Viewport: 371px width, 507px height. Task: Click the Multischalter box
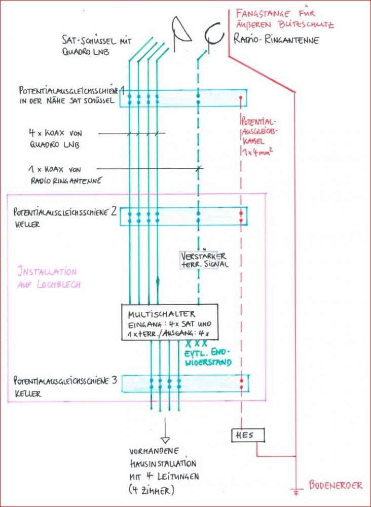point(169,322)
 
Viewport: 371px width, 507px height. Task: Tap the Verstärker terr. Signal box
point(202,260)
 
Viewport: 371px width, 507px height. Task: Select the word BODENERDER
point(336,485)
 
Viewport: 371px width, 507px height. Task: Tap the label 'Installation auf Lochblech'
point(47,277)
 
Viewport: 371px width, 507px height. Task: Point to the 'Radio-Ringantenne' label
point(276,40)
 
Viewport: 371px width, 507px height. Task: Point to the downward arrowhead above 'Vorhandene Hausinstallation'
point(165,440)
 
